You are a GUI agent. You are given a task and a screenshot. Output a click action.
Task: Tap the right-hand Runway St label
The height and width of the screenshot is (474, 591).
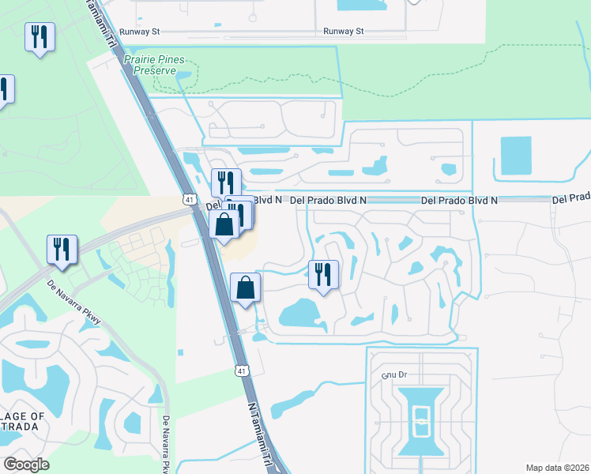[344, 32]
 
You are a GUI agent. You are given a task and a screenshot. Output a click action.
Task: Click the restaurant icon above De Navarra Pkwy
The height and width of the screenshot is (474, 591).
[61, 249]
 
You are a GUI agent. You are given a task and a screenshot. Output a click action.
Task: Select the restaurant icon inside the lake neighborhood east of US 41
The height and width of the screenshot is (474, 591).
[323, 274]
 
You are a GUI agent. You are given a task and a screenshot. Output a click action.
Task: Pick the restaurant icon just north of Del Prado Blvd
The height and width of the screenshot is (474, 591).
[226, 182]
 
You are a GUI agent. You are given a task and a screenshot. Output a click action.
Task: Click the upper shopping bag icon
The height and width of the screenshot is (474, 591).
[224, 224]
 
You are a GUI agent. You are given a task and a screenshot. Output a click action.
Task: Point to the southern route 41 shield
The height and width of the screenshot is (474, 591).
[240, 370]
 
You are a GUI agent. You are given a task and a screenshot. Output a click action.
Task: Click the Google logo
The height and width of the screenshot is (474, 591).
[26, 465]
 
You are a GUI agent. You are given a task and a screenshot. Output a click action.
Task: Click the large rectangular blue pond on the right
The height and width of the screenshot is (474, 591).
[516, 155]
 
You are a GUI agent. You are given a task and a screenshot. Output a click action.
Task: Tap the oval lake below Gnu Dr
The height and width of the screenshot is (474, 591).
[422, 419]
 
